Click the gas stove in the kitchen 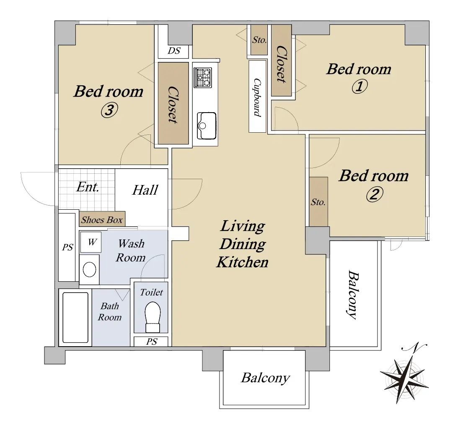click(x=202, y=77)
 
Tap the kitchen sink click(x=207, y=126)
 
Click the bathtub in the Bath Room click(x=75, y=317)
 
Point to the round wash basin click(x=90, y=270)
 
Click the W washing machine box click(x=91, y=242)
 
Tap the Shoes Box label click(x=102, y=219)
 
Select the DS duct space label click(x=173, y=51)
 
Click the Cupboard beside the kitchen click(x=257, y=96)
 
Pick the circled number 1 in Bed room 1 click(x=360, y=87)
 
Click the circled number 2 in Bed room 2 click(x=375, y=194)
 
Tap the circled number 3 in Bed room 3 click(x=109, y=111)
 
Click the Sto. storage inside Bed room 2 click(x=318, y=202)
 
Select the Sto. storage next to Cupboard click(x=259, y=40)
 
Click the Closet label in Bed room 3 click(x=173, y=105)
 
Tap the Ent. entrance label click(x=88, y=187)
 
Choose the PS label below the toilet click(x=152, y=342)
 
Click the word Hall click(x=145, y=190)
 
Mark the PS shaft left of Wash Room click(x=67, y=247)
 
